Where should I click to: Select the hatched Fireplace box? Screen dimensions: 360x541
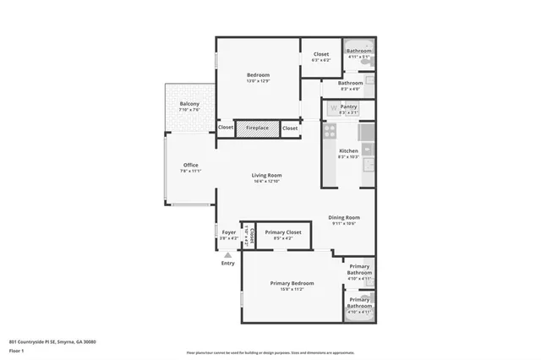[x=257, y=128]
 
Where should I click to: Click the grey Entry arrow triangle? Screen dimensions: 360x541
[x=227, y=254]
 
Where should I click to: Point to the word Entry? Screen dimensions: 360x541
[x=228, y=263]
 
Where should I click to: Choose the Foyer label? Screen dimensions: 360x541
[x=229, y=232]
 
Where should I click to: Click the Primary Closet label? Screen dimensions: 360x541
[x=283, y=232]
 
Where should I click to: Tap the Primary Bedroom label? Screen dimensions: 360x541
[x=292, y=282]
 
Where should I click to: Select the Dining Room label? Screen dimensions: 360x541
[x=344, y=217]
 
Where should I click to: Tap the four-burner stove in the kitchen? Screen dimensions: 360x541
[x=330, y=131]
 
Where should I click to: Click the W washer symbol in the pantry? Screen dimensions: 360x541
[x=333, y=107]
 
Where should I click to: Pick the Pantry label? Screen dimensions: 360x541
[x=349, y=106]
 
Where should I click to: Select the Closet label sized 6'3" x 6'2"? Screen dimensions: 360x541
[x=320, y=54]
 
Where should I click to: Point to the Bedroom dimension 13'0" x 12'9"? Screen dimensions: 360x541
[x=258, y=80]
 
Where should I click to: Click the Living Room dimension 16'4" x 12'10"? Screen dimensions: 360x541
[x=265, y=181]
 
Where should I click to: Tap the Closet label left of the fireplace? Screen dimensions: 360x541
[x=226, y=128]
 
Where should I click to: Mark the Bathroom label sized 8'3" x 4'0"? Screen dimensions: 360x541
[x=351, y=83]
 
